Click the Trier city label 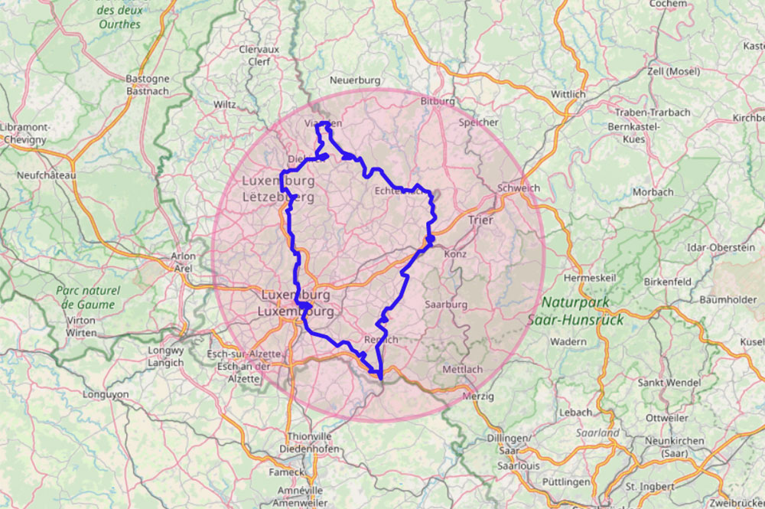[480, 220]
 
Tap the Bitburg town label [438, 101]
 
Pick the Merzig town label [480, 396]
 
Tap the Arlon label [184, 256]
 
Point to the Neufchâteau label [47, 175]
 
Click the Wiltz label [225, 103]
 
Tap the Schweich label [518, 188]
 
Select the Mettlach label [463, 369]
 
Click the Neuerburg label [355, 80]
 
